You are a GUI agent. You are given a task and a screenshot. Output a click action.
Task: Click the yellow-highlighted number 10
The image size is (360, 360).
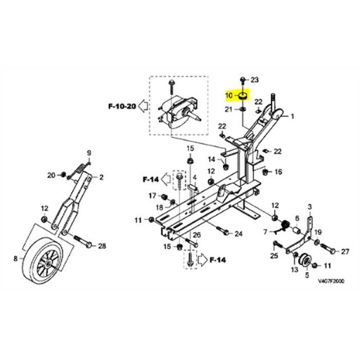click(x=228, y=95)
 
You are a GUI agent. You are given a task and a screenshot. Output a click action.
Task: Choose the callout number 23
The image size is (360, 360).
click(x=255, y=80)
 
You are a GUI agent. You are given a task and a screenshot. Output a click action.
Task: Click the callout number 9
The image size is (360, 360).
click(x=89, y=153)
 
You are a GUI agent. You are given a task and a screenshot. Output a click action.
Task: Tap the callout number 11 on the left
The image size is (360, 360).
click(x=138, y=221)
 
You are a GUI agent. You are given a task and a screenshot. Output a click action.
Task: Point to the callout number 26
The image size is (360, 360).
click(x=197, y=235)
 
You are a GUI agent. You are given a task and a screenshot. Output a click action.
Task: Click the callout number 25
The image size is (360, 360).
click(x=274, y=256)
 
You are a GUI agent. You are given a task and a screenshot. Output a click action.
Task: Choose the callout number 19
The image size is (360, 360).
click(x=318, y=233)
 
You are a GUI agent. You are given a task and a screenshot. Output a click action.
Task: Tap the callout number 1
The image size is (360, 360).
click(x=292, y=117)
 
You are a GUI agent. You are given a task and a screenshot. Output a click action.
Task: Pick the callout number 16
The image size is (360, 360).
click(x=278, y=172)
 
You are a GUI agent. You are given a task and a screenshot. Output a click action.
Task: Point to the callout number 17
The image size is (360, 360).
click(x=152, y=195)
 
